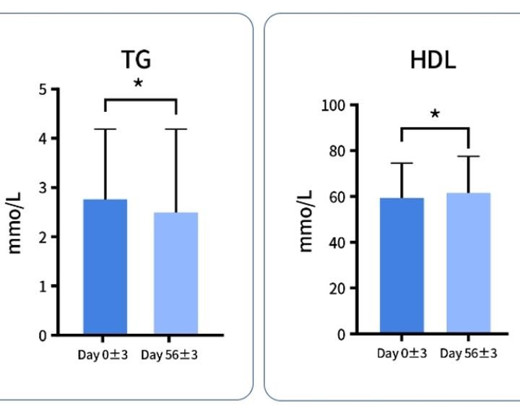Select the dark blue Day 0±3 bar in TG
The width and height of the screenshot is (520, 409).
(x=105, y=267)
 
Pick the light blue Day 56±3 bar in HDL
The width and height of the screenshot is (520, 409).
(x=469, y=263)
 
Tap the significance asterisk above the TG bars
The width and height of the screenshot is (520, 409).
(x=138, y=83)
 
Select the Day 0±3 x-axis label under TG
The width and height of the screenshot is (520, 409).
(x=103, y=355)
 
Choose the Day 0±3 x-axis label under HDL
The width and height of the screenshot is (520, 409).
(x=402, y=353)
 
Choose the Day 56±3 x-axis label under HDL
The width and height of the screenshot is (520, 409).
(x=469, y=353)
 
